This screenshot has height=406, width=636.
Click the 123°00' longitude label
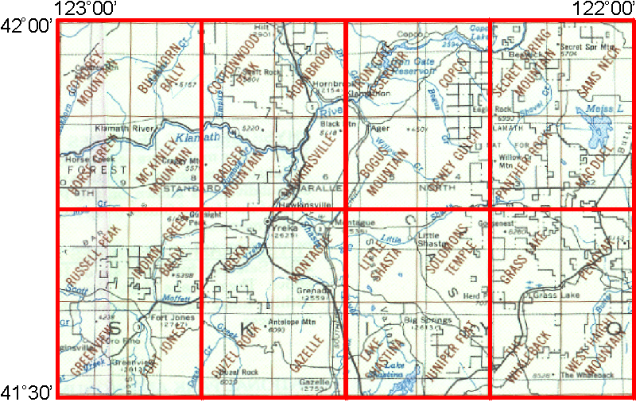pos(87,8)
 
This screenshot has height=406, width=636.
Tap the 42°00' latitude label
pos(26,26)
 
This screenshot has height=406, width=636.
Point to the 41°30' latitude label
pos(26,392)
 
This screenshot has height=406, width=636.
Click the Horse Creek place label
pos(78,158)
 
